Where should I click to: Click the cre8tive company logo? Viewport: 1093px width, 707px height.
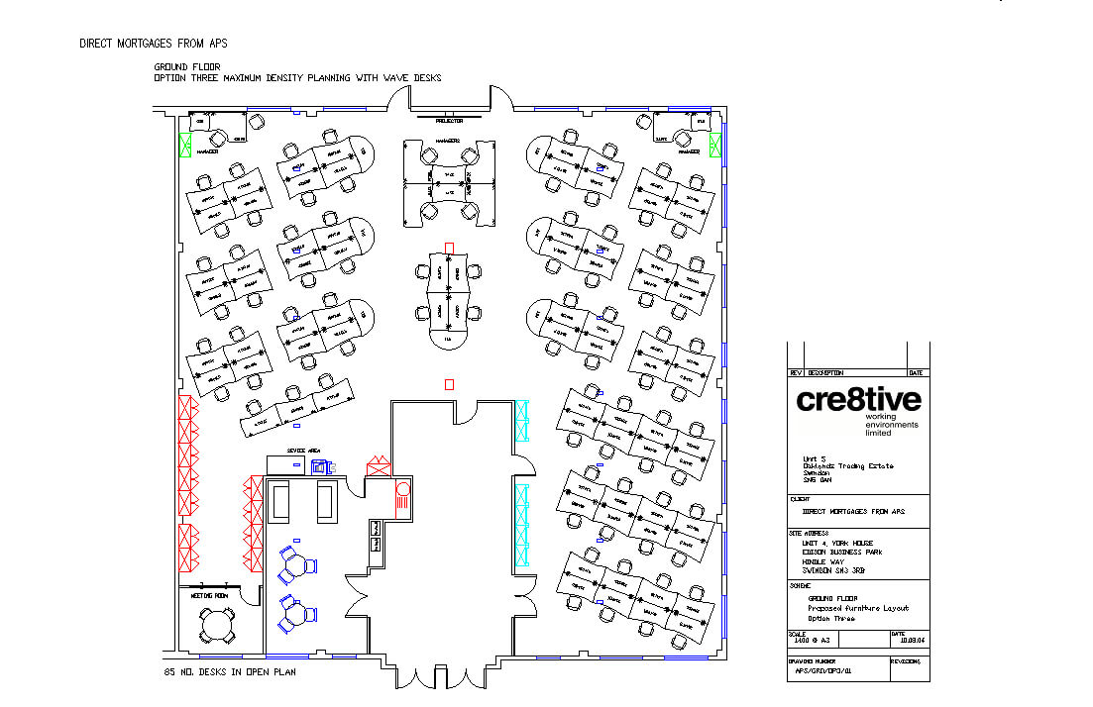pos(858,400)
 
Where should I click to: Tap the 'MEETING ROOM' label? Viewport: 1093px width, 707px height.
pos(208,596)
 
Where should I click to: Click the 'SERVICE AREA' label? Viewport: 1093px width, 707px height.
pos(303,451)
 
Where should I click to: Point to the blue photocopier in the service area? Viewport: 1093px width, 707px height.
pos(320,466)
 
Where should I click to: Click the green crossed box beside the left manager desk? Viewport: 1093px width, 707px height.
pos(184,145)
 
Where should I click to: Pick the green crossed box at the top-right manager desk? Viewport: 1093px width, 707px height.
pos(715,145)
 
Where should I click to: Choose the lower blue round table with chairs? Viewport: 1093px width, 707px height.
pos(296,614)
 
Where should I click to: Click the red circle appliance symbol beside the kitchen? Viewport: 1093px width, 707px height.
pos(402,488)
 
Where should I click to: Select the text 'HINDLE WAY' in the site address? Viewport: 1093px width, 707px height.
pos(823,560)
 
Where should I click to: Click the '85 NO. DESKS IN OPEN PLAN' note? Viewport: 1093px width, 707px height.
pos(230,672)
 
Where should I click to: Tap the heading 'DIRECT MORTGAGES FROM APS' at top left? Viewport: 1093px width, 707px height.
pos(154,44)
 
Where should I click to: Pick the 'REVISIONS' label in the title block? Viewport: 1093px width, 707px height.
pos(906,660)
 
